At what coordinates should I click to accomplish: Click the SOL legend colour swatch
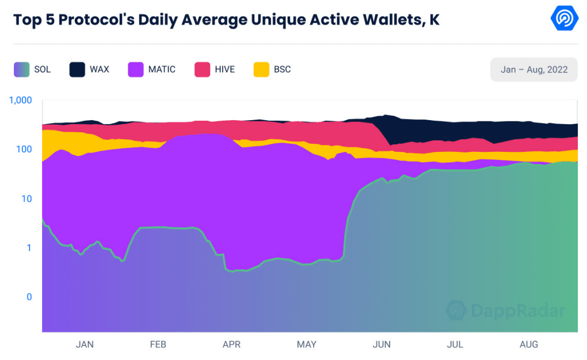pos(22,70)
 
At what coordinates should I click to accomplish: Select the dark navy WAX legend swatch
pos(78,70)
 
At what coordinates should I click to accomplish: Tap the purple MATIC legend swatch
pos(136,70)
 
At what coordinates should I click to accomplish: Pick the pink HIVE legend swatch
pos(202,70)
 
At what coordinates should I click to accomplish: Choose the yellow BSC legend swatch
pos(261,70)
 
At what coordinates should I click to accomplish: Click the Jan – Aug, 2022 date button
pos(534,70)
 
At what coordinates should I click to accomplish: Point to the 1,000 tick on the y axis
pos(21,100)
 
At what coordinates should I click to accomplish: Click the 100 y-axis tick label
pos(24,150)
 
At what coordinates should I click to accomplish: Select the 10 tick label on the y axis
pos(26,199)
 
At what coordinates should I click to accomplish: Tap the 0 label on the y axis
pos(29,297)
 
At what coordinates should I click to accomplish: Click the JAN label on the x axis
pos(85,344)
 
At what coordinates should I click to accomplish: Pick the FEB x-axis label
pos(158,344)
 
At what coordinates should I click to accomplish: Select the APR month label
pos(232,344)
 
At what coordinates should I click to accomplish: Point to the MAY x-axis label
pos(307,344)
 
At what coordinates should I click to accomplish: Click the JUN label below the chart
pos(382,344)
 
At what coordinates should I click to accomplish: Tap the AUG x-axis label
pos(529,344)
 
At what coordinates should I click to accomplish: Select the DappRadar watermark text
pos(518,311)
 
